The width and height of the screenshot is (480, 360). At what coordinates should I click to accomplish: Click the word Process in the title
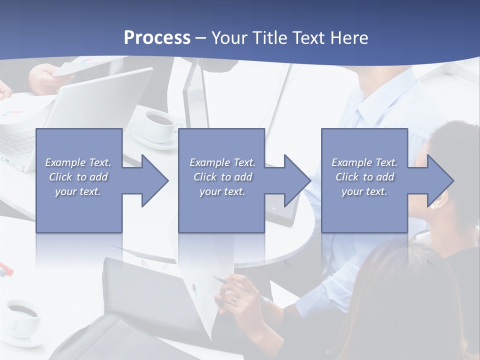(157, 38)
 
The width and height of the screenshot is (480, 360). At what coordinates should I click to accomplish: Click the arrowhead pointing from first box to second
(153, 180)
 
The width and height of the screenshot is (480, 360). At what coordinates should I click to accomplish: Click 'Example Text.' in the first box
(78, 162)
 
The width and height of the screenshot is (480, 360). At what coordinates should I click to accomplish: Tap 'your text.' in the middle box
(222, 191)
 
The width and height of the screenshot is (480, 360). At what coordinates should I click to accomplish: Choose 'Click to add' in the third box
(364, 177)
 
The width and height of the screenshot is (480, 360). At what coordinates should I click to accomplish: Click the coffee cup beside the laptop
(159, 124)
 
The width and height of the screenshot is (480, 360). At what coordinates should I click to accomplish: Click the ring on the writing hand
(233, 299)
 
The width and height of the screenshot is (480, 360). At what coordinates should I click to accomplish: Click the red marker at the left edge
(6, 268)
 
